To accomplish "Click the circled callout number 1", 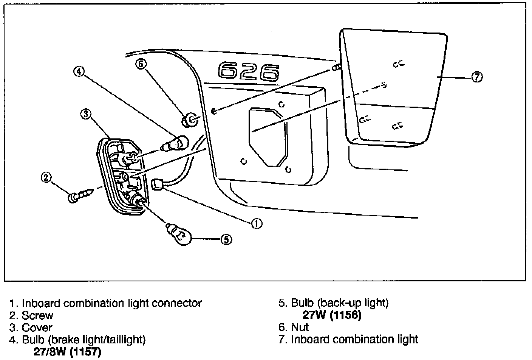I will (x=257, y=223).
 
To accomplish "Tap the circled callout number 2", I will (x=46, y=178).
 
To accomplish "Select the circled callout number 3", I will (x=86, y=114).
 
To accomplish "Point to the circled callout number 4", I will (x=79, y=71).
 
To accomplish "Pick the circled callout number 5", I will (x=226, y=239).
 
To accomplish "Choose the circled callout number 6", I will (x=141, y=64).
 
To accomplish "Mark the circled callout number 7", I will (x=477, y=77).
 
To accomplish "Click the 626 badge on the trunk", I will (x=249, y=71).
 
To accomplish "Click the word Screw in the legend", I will (x=37, y=315).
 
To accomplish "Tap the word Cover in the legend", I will (x=37, y=327).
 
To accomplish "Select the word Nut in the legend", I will (x=300, y=327).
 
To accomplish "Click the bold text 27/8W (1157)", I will (x=68, y=352).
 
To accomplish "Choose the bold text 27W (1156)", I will (x=332, y=315).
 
